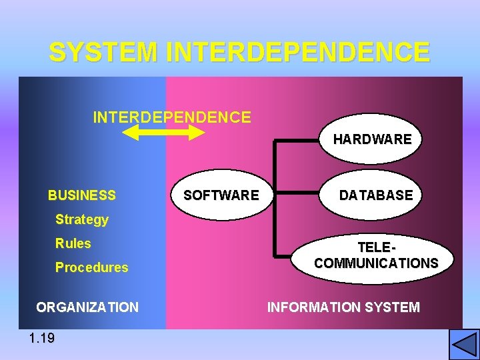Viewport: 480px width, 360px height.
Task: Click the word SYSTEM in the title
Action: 103,52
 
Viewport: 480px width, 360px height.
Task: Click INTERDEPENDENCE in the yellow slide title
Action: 297,52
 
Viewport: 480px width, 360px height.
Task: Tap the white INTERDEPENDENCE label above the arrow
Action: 172,118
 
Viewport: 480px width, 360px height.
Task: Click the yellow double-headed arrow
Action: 164,133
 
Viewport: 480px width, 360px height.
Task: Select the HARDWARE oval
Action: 372,139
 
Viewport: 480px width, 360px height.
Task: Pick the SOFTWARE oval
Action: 221,195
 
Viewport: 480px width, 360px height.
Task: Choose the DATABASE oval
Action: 376,195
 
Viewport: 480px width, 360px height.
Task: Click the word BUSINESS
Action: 81,195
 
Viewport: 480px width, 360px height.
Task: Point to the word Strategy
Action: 81,219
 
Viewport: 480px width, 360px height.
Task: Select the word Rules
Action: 73,243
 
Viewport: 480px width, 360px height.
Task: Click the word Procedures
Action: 91,267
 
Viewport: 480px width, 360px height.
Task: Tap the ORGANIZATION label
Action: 87,307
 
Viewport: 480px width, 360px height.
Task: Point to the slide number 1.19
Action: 42,338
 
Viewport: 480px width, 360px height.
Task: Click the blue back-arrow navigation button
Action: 464,345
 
